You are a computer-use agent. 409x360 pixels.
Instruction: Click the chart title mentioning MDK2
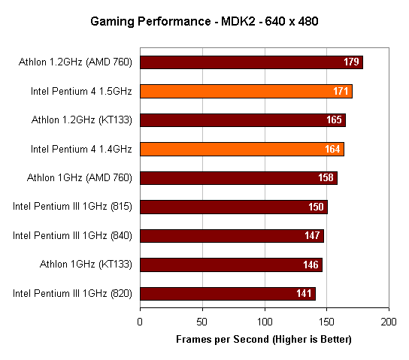(x=204, y=20)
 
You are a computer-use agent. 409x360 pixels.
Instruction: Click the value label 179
(x=352, y=62)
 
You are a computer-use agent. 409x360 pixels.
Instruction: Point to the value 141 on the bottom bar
(x=304, y=294)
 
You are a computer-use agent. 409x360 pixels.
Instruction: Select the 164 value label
(x=333, y=150)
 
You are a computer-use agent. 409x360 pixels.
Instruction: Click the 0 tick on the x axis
(x=140, y=322)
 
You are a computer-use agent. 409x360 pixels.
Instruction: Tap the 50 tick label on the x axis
(x=201, y=322)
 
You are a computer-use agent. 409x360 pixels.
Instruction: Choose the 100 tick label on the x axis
(x=264, y=322)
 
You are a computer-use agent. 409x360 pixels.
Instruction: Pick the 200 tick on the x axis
(x=389, y=322)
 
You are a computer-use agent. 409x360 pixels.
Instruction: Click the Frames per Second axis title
(x=264, y=340)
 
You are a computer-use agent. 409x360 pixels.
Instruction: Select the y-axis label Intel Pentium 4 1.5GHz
(x=81, y=92)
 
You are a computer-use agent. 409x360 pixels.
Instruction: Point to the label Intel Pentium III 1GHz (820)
(x=72, y=294)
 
